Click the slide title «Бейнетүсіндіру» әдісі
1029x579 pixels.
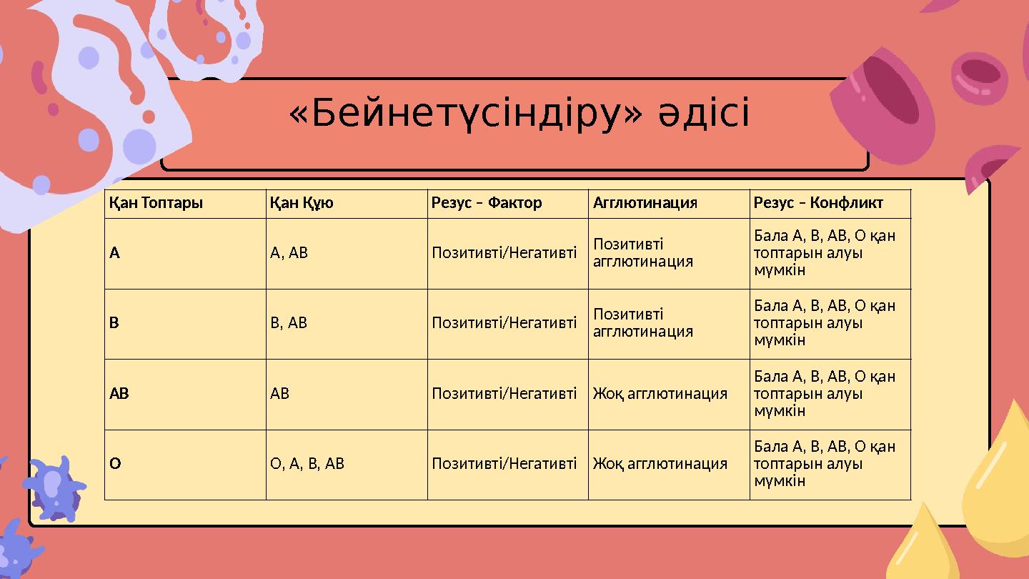[520, 114]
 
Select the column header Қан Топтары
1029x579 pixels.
[156, 203]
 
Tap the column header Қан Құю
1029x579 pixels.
[302, 203]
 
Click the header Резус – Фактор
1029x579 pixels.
[487, 203]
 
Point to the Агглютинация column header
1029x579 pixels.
[645, 203]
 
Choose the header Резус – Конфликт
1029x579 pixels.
[818, 203]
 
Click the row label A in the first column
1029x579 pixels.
[114, 252]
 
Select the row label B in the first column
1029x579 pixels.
[114, 322]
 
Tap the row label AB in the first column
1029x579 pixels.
[119, 393]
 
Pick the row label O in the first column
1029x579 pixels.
[115, 463]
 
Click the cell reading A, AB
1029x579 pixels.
[289, 252]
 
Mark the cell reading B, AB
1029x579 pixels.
[289, 322]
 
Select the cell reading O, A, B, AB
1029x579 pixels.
[307, 463]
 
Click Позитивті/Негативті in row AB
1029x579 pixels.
[504, 393]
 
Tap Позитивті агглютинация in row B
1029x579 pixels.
[643, 322]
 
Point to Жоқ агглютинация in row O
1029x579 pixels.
[660, 463]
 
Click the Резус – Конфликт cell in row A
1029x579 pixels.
[825, 252]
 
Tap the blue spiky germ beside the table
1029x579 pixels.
[54, 489]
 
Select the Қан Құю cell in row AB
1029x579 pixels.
[280, 393]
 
